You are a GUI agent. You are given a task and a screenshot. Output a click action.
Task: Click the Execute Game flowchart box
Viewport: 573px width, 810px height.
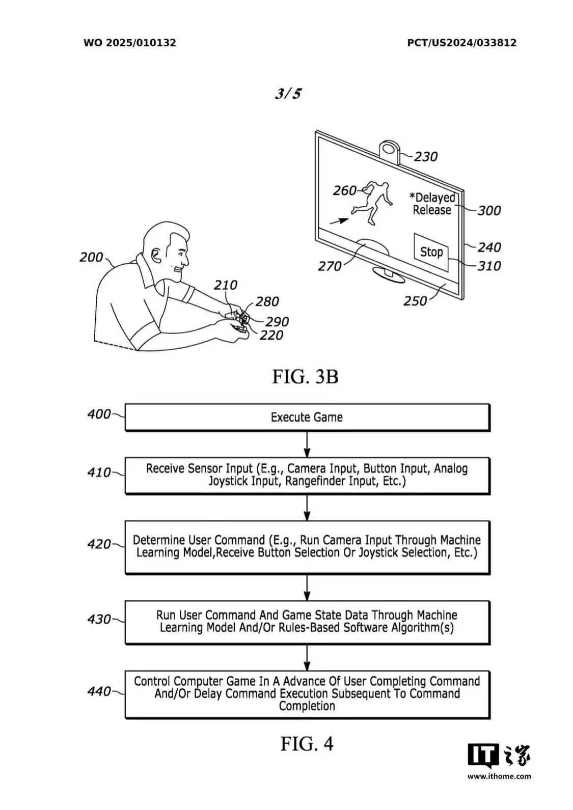(x=307, y=417)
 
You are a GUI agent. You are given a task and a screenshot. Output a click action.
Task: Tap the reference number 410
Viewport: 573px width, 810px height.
(x=99, y=472)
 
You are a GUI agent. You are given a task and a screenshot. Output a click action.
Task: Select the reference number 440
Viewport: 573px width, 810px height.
(x=99, y=691)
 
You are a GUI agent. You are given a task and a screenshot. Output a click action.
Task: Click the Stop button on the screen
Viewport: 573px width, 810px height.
(x=431, y=252)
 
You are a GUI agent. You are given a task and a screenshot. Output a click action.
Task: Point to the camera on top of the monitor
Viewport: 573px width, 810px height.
(x=389, y=151)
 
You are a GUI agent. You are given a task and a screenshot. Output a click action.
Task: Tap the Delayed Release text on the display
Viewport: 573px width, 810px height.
(x=432, y=204)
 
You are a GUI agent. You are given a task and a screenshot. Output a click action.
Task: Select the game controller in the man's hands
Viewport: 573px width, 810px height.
(x=239, y=321)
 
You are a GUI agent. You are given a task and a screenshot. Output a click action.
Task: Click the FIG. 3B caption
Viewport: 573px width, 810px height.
(x=305, y=376)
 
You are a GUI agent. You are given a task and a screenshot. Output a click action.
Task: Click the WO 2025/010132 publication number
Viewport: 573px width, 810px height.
(x=130, y=43)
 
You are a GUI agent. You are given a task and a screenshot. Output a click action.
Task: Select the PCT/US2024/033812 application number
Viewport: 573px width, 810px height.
(x=461, y=43)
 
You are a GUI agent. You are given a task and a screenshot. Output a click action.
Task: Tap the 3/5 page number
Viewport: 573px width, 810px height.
(x=288, y=94)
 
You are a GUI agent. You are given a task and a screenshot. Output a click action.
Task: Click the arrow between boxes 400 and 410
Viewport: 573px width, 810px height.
(x=307, y=444)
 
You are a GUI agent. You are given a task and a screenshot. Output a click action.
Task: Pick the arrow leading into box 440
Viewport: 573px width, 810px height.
(x=307, y=658)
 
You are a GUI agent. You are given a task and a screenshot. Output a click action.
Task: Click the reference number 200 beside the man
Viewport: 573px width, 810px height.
(x=91, y=257)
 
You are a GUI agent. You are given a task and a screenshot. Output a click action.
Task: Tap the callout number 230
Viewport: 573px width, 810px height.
(x=426, y=157)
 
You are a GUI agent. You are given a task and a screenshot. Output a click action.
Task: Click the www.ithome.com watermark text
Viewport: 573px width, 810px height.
(x=499, y=776)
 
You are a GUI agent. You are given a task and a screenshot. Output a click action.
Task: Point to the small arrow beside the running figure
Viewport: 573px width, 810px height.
(x=339, y=221)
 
